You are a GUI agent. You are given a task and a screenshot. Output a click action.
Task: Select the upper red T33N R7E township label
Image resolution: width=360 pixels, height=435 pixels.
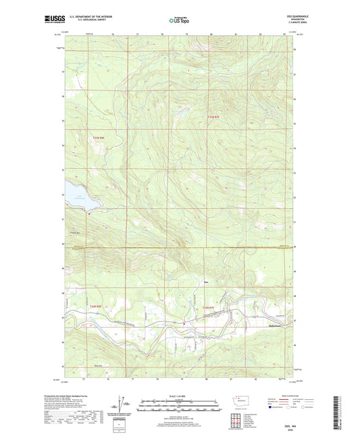coord(213,116)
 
